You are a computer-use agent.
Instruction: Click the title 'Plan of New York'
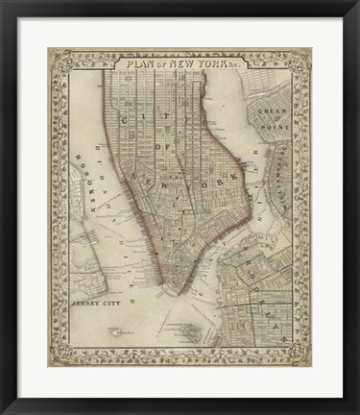click(x=180, y=65)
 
